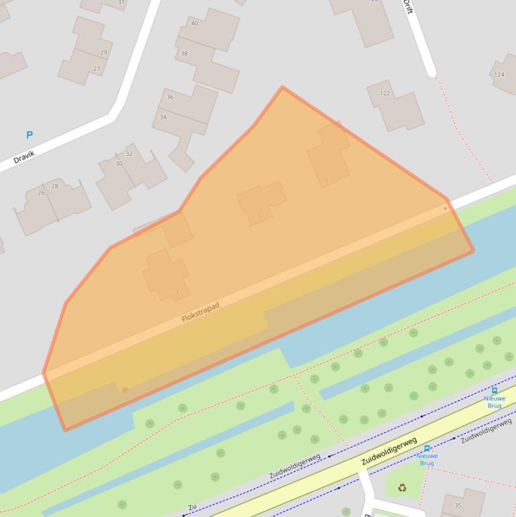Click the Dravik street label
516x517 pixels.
click(23, 156)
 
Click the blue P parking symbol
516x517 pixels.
click(29, 135)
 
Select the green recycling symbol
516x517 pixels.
click(402, 488)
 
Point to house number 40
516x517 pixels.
click(195, 23)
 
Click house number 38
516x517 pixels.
click(184, 53)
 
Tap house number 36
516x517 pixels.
click(170, 97)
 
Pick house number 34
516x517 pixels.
click(162, 117)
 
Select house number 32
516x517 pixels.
click(129, 154)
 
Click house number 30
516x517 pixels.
click(119, 164)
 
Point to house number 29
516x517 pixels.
click(103, 52)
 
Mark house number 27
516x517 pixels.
click(97, 69)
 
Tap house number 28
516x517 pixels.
click(54, 187)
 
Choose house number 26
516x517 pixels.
click(41, 193)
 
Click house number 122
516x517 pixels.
click(384, 93)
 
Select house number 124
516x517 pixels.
click(499, 75)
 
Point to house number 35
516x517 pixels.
click(458, 506)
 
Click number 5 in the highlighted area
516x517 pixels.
click(327, 180)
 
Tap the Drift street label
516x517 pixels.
click(407, 7)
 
